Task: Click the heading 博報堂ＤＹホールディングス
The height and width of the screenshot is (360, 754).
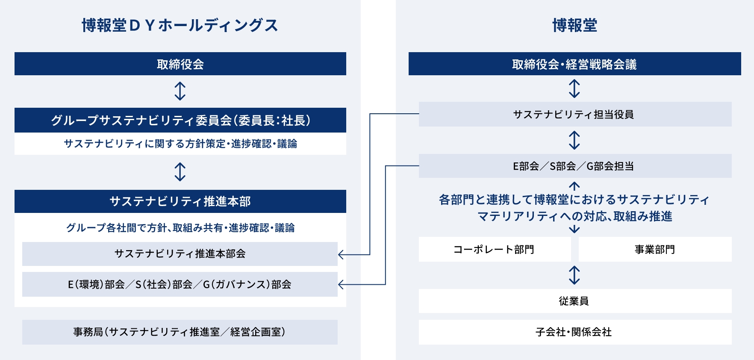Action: [x=180, y=26]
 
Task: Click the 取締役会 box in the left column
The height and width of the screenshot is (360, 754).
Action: [x=180, y=64]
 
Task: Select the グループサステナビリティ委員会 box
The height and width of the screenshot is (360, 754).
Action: [x=180, y=120]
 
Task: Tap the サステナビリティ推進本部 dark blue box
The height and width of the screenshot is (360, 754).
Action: [x=180, y=201]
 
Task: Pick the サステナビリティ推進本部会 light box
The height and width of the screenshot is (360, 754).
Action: [x=180, y=254]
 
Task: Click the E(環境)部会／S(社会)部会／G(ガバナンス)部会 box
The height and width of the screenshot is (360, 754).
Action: [x=180, y=284]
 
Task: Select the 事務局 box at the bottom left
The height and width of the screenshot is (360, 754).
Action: [x=180, y=332]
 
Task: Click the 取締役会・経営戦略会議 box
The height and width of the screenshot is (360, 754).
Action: [x=574, y=64]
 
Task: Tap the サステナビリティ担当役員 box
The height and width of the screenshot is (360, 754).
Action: [x=574, y=114]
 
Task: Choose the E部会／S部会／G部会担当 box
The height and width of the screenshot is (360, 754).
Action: [x=574, y=166]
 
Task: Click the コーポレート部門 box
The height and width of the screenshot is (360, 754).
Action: [x=495, y=249]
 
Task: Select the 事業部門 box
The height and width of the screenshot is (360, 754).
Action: [x=655, y=249]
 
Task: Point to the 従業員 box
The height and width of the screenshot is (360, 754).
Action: [x=574, y=301]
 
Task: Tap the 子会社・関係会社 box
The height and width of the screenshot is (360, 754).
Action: [x=574, y=332]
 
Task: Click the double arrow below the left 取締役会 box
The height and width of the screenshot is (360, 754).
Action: [x=180, y=91]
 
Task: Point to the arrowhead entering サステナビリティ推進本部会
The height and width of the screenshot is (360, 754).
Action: [x=341, y=255]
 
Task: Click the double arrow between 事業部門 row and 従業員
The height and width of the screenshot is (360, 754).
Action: [x=574, y=275]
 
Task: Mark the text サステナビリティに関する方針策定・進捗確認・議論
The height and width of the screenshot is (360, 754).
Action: [x=180, y=144]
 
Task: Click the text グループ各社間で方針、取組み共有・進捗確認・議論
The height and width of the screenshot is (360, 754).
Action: [x=180, y=228]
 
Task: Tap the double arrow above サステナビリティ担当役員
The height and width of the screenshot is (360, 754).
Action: [x=574, y=89]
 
